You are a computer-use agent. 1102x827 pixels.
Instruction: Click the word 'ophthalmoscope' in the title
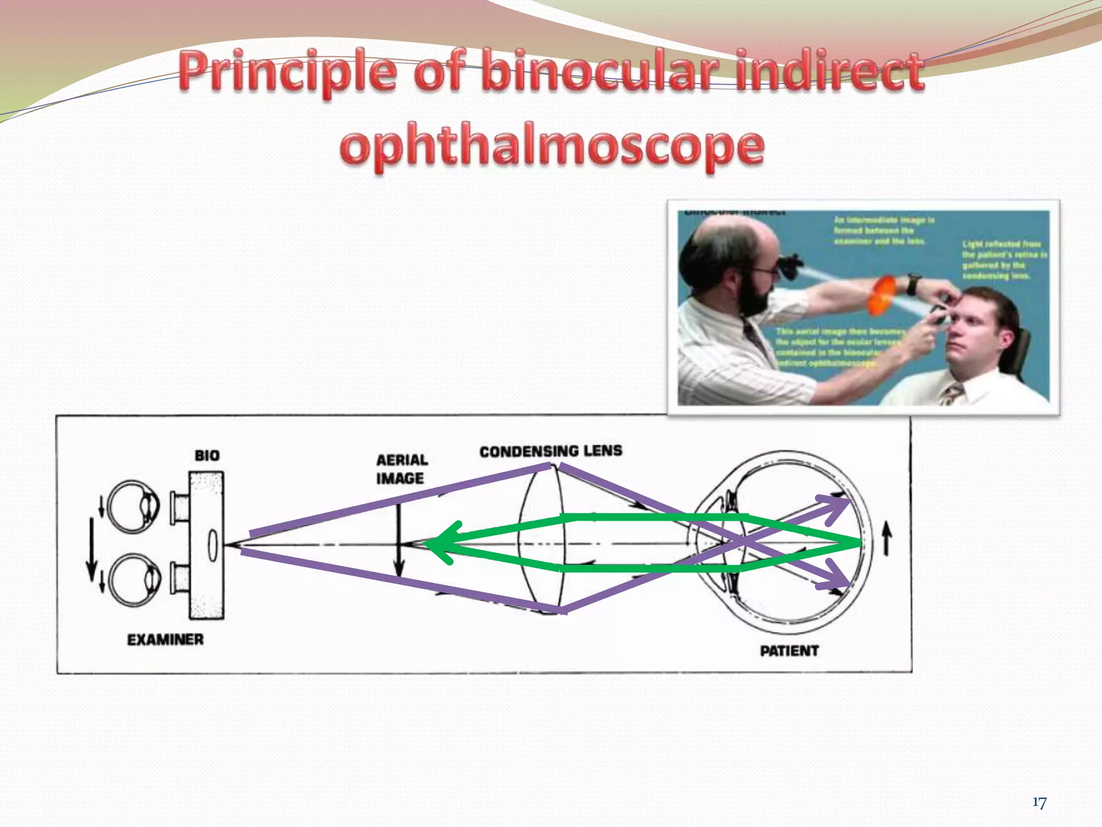552,146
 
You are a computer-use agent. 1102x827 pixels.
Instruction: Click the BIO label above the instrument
207,455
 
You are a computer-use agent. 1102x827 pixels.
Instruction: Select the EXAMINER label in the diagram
165,640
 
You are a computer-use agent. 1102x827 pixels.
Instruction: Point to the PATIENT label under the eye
789,651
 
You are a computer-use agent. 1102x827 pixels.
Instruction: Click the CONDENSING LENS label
550,451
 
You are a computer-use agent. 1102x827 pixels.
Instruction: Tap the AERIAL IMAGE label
401,469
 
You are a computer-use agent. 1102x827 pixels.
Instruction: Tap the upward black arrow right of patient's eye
887,539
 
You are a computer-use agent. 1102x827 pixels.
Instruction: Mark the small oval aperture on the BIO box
213,545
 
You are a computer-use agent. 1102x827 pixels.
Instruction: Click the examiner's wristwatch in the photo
913,284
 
